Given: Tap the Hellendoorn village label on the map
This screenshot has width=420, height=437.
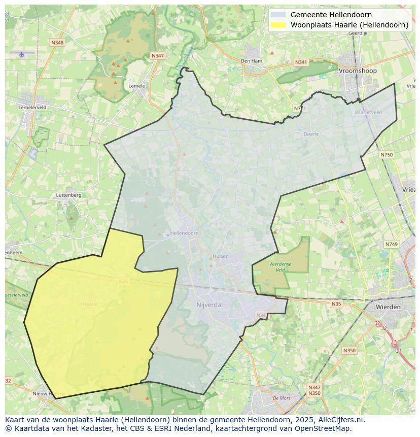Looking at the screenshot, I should (184, 233).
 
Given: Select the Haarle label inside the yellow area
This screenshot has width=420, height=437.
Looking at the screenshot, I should (89, 304).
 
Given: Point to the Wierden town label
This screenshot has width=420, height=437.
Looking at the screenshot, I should (388, 307).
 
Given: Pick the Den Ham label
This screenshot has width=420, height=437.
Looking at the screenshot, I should (251, 61).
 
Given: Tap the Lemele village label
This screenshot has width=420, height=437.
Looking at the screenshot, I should (136, 86).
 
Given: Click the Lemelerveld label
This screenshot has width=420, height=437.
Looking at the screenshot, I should (32, 108).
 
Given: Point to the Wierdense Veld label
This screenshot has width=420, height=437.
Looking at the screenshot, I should (280, 267).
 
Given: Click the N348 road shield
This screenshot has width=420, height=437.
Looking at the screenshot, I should (57, 43).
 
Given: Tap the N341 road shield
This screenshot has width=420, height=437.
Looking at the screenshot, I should (301, 62).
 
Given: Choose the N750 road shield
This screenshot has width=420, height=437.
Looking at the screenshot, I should (387, 155).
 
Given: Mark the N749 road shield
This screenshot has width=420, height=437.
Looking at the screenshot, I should (391, 244).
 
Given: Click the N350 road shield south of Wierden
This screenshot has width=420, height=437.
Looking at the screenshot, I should (349, 351).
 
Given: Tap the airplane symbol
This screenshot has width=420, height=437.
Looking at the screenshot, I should (21, 54).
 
